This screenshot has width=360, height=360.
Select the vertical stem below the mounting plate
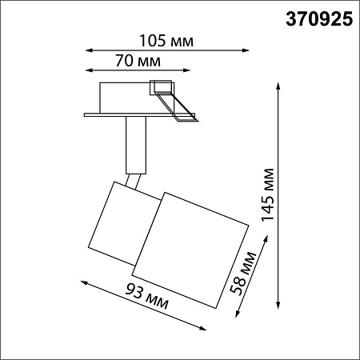coord(136,144)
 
